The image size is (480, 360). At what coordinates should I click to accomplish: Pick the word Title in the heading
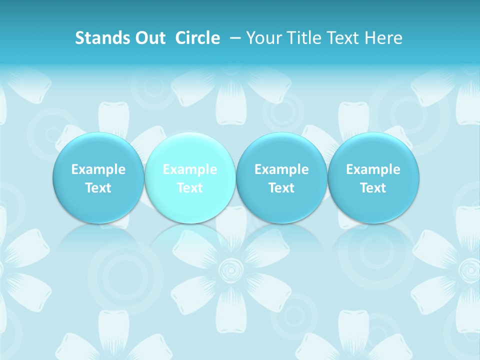[303, 38]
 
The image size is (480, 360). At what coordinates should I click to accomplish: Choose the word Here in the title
[384, 38]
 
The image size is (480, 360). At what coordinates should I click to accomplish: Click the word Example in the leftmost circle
[98, 169]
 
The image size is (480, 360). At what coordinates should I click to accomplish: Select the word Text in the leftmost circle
[98, 188]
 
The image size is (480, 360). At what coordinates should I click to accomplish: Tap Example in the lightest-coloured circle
[190, 169]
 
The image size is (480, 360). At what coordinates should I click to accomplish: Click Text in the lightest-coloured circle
[190, 188]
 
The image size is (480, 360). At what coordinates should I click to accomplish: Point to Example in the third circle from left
[281, 169]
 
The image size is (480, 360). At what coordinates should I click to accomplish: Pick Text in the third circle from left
[281, 188]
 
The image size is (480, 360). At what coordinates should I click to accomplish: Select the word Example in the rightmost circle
[373, 169]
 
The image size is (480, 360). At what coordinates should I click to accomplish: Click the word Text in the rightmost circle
[373, 188]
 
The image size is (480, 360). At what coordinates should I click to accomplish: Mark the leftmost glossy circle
[98, 150]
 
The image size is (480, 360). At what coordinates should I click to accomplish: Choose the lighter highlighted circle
[190, 150]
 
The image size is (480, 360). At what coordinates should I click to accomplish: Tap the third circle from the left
[281, 150]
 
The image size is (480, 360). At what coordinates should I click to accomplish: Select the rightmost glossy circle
[373, 150]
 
